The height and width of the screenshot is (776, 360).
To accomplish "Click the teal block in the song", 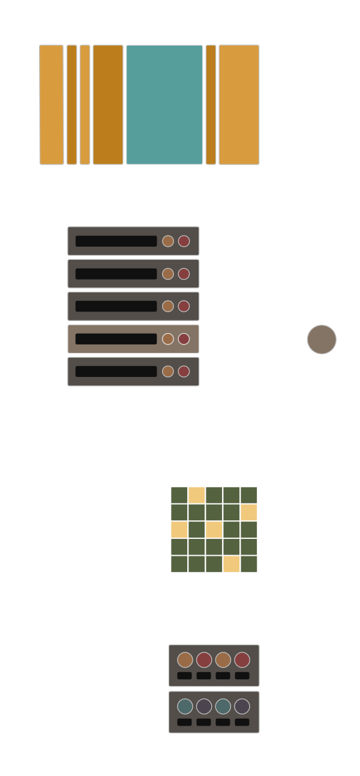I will (x=164, y=104).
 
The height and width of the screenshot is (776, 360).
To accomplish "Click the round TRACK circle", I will (x=322, y=340).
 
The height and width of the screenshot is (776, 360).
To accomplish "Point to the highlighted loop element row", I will (x=133, y=339).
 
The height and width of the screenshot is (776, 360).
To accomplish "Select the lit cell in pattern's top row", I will (x=197, y=495).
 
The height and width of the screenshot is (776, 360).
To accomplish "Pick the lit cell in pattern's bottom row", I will (x=232, y=564).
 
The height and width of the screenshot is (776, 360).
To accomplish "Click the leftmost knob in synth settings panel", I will (x=185, y=660).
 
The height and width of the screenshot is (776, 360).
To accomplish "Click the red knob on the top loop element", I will (x=184, y=241).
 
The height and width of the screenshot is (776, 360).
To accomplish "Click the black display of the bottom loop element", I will (x=116, y=371).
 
